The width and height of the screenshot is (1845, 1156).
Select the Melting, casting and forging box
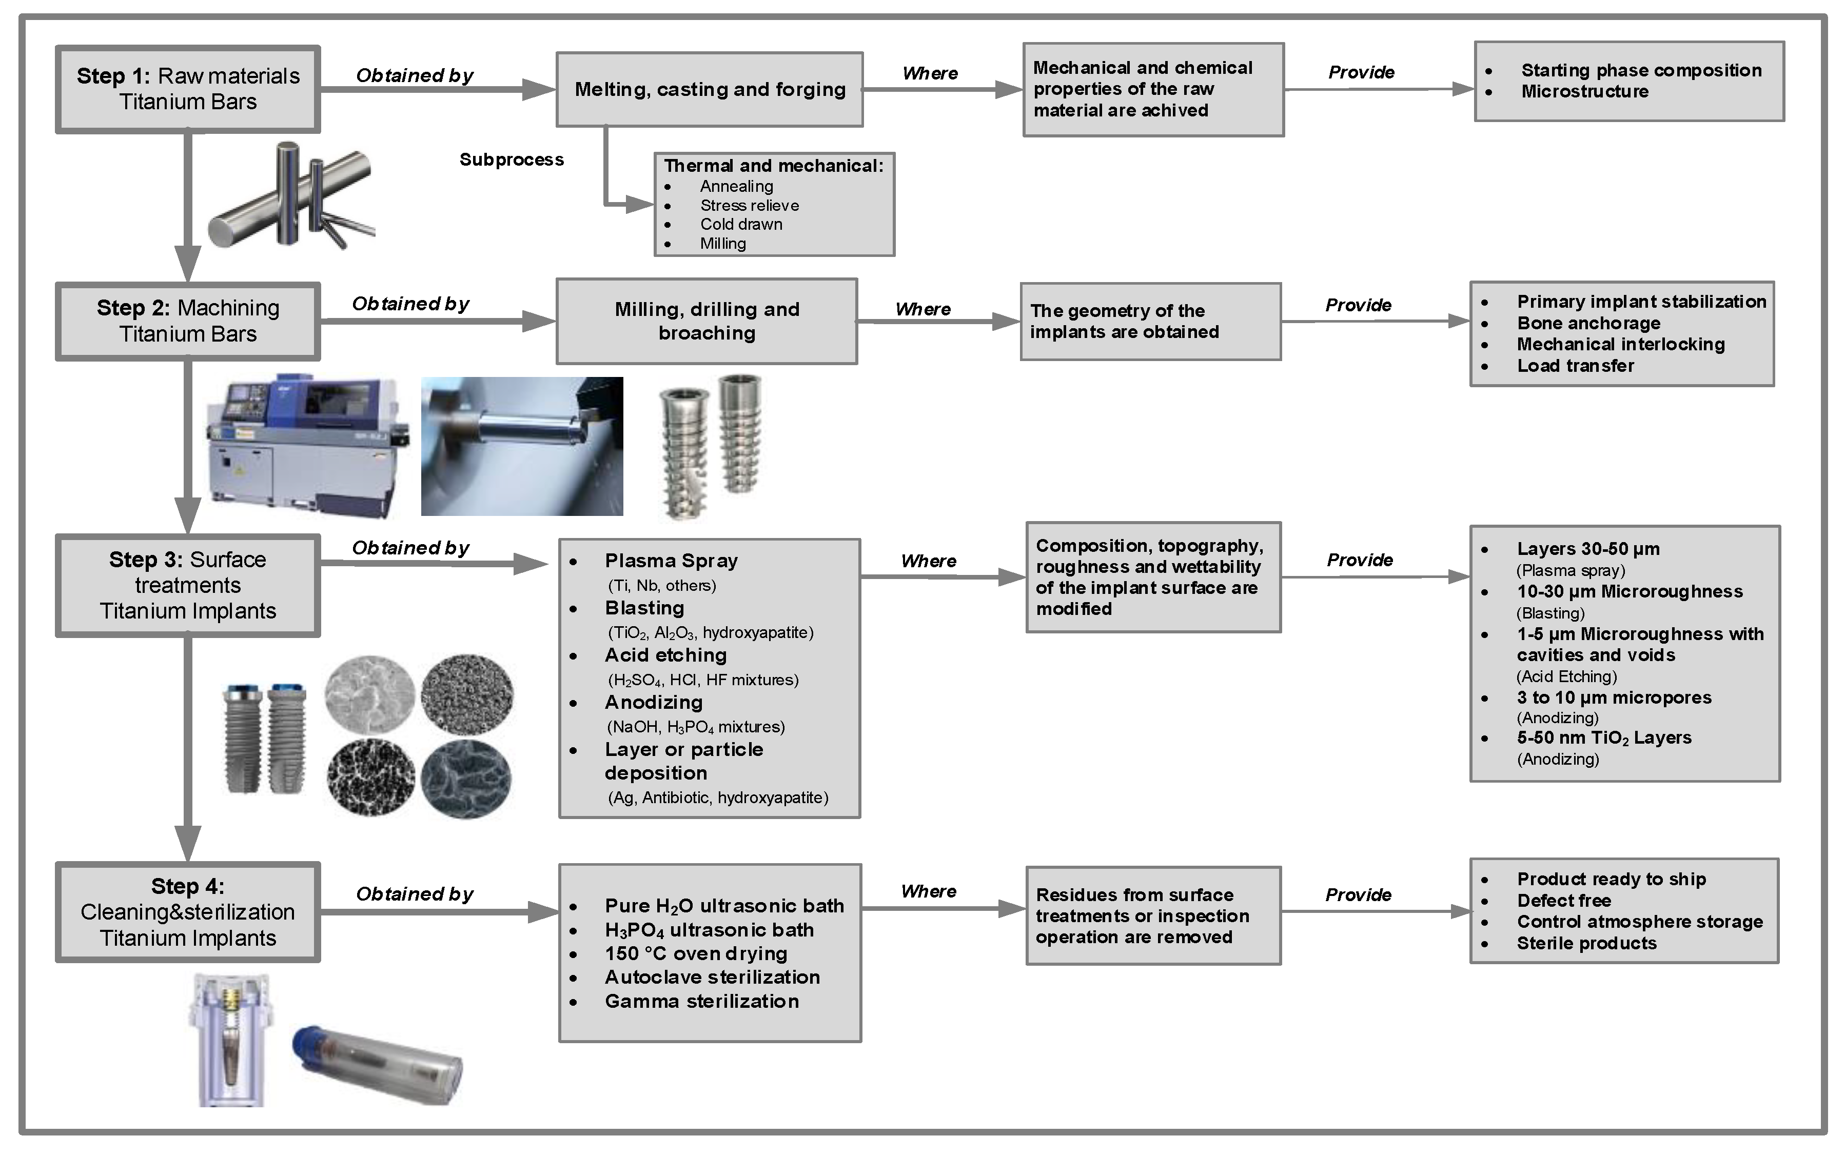pyautogui.click(x=710, y=89)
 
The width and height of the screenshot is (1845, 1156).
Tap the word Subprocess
pyautogui.click(x=512, y=160)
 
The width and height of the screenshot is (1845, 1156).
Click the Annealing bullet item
pyautogui.click(x=736, y=187)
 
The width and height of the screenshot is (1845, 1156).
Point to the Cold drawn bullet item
pyautogui.click(x=741, y=225)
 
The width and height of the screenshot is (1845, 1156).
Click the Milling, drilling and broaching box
pyautogui.click(x=706, y=321)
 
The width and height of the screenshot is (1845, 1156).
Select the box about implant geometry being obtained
pyautogui.click(x=1150, y=321)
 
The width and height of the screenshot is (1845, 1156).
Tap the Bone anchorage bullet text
pyautogui.click(x=1588, y=324)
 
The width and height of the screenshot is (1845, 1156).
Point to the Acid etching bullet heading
pyautogui.click(x=665, y=655)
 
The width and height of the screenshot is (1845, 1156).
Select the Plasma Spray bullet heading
pyautogui.click(x=671, y=561)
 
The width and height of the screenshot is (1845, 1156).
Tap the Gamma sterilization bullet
pyautogui.click(x=701, y=1002)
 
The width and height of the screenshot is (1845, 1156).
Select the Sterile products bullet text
pyautogui.click(x=1586, y=944)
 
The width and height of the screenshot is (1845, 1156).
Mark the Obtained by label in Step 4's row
pyautogui.click(x=415, y=894)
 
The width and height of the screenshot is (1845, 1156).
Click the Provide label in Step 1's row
pyautogui.click(x=1361, y=73)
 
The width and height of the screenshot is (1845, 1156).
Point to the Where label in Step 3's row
pyautogui.click(x=928, y=561)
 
